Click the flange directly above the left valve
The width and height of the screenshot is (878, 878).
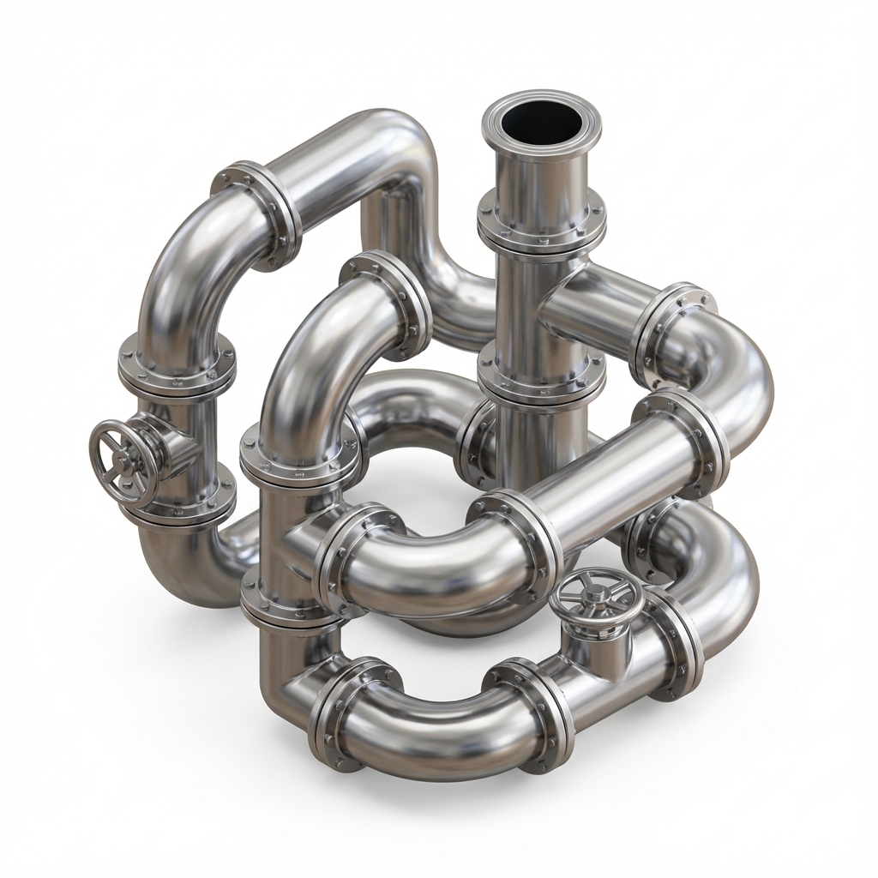pos(178,364)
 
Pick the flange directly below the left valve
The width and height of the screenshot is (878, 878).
pos(178,506)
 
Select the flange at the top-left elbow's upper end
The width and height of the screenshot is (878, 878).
pos(257,210)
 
